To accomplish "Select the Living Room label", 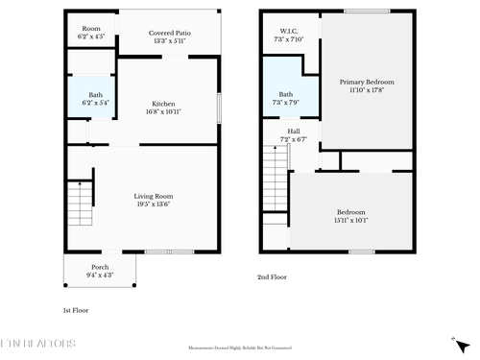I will (x=154, y=196).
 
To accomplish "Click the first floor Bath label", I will (x=95, y=94).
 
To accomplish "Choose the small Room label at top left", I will (x=91, y=29).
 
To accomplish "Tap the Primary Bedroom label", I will (x=367, y=83).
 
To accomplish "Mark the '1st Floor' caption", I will (x=76, y=311).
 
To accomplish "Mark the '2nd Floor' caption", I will (x=271, y=276).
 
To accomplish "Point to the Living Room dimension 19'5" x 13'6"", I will (x=154, y=204).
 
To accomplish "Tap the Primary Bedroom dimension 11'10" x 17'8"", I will (x=367, y=91).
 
